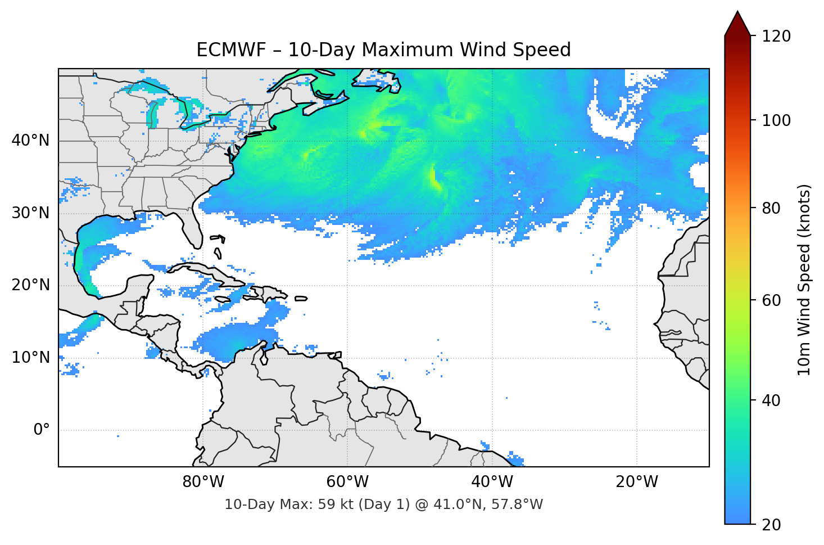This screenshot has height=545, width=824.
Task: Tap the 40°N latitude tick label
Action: (x=30, y=140)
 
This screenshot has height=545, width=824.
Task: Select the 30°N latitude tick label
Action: (x=30, y=213)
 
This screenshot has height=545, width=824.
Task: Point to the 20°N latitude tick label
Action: (x=30, y=285)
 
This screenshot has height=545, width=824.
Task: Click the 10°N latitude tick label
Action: (x=30, y=358)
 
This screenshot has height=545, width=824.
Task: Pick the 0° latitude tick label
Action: (x=42, y=430)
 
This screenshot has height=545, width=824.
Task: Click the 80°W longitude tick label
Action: (x=203, y=482)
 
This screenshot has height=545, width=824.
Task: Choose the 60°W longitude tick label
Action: (x=347, y=482)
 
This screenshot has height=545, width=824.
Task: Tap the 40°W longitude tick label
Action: (x=492, y=482)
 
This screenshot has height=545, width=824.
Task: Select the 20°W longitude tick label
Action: (x=637, y=482)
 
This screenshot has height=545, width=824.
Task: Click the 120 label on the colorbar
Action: (x=777, y=36)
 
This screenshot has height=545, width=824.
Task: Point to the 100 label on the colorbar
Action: (x=777, y=120)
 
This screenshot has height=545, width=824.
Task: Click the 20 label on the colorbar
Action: (x=771, y=525)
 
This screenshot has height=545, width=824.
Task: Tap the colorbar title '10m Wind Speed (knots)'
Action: (x=804, y=280)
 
